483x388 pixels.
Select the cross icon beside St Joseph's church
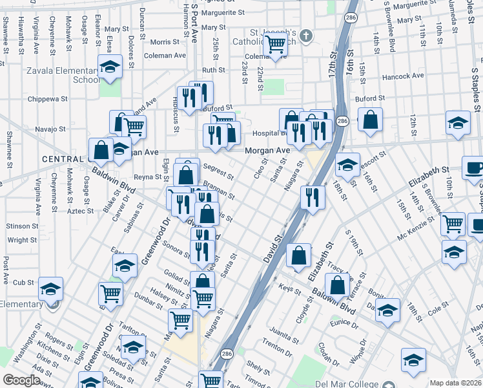(x=307, y=35)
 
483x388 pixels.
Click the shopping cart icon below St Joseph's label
(x=276, y=45)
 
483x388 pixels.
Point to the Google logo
(x=21, y=380)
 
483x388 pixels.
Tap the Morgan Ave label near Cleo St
(x=267, y=151)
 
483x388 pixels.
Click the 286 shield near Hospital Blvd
(x=342, y=122)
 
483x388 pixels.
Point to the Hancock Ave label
(x=403, y=76)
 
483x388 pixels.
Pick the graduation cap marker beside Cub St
(x=50, y=288)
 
